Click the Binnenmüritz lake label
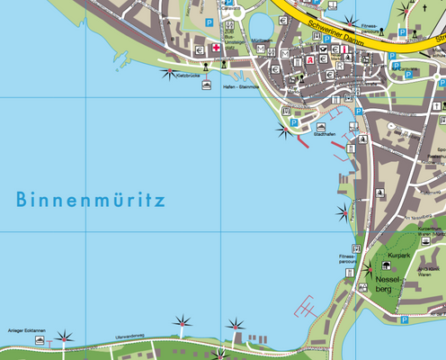point(90,200)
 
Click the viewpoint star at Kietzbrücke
point(168,73)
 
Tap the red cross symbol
point(216,48)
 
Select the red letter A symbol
point(310,60)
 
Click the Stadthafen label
point(326,132)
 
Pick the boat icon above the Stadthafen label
point(322,125)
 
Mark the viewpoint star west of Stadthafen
point(284,133)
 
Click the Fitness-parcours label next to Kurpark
point(348,259)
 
